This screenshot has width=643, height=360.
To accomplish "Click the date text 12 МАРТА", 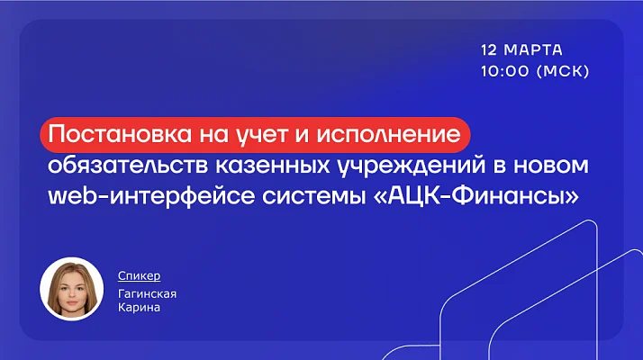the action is point(521,50).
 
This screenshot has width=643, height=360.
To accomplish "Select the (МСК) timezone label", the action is point(563,71).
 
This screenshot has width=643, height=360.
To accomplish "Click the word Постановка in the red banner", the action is point(120,134).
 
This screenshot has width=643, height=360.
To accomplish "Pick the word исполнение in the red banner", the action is point(389,134).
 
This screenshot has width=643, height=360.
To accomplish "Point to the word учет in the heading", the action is point(264,135).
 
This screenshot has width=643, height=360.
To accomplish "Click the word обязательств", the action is point(128,166).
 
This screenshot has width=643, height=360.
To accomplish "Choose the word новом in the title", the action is point(551,166).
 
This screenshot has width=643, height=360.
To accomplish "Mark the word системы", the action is point(313,196).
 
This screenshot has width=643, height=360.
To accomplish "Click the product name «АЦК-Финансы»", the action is point(476,196).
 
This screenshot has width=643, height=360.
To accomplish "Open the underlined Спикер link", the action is point(139,276).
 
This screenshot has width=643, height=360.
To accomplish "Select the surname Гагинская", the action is point(147,294).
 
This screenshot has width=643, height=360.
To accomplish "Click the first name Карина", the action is point(139,307).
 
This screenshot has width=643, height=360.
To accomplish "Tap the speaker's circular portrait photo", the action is point(72,289).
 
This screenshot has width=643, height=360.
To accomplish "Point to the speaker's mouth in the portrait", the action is point(72,304).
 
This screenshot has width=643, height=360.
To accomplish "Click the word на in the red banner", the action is point(216,135).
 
